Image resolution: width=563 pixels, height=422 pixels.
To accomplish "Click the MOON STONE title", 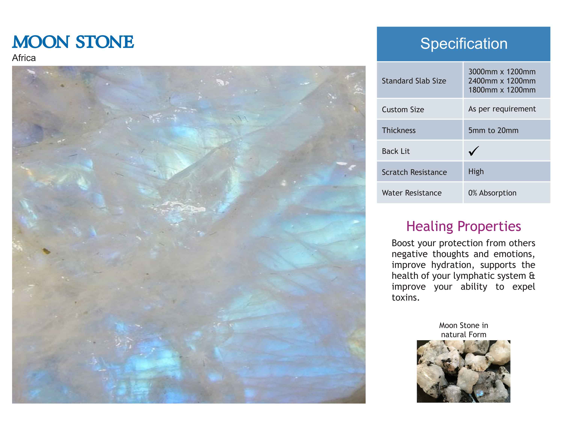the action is tap(73, 42).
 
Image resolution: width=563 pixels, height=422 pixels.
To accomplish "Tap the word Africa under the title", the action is tap(24, 58).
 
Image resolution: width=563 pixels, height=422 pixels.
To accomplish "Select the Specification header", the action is tap(464, 44).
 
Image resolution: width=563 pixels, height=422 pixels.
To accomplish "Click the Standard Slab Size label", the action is tap(414, 81).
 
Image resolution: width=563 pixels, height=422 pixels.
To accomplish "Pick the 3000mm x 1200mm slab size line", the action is tap(502, 72).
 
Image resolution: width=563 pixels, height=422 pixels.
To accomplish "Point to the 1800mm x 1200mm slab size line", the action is tap(502, 90).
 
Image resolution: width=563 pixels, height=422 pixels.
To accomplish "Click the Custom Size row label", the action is tap(403, 110).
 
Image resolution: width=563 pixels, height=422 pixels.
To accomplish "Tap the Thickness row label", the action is tap(399, 130).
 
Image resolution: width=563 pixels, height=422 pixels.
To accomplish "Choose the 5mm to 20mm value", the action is tap(493, 130).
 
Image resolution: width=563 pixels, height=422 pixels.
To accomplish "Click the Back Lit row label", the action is tap(396, 151).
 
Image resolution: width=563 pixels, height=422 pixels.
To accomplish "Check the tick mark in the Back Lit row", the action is tap(474, 151).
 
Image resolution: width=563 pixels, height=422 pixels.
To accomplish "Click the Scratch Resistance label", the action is tap(414, 172).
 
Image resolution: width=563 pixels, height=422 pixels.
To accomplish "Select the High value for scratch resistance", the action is tap(476, 172).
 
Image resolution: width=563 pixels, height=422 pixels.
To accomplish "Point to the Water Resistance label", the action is tap(412, 193).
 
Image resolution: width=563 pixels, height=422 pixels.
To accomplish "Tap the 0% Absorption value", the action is tap(492, 193).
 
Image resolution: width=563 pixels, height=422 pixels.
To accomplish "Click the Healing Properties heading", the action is tap(464, 226).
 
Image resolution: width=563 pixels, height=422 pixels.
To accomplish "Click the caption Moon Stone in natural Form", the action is tap(464, 330).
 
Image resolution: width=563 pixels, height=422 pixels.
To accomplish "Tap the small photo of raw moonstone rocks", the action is tap(464, 371).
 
